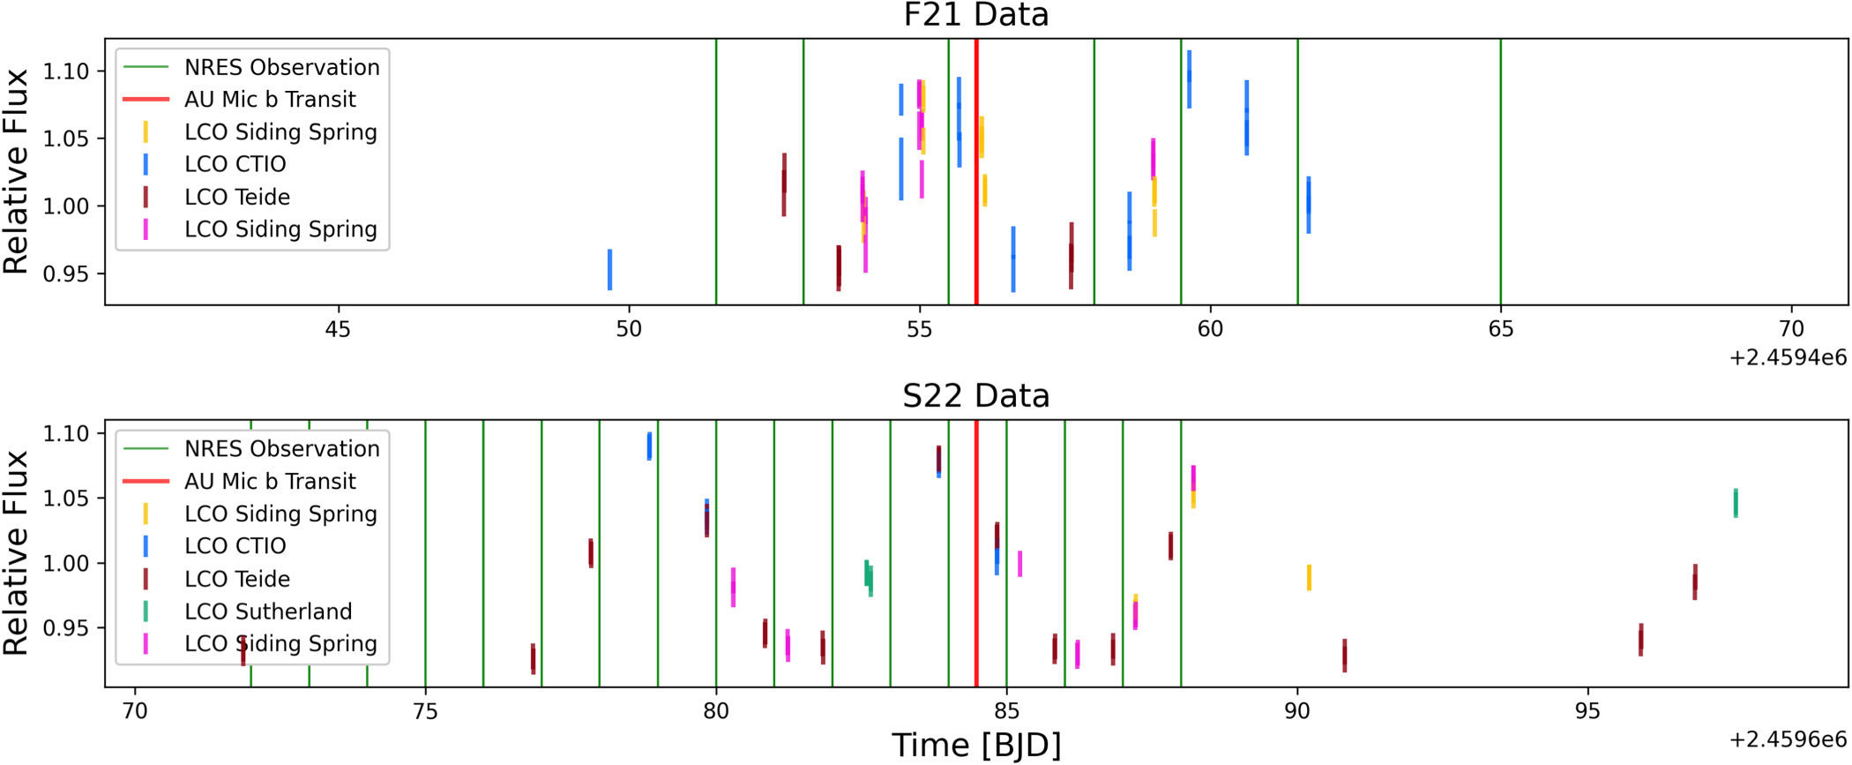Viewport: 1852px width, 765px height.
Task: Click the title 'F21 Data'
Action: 975,15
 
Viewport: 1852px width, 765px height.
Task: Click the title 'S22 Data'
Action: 975,396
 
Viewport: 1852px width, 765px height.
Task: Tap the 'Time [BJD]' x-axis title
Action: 975,746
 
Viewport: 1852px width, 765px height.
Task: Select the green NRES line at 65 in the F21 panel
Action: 1500,176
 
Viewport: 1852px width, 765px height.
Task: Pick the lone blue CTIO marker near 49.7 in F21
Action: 609,269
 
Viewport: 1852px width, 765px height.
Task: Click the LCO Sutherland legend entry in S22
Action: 268,611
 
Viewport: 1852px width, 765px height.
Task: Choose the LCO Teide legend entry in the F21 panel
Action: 236,197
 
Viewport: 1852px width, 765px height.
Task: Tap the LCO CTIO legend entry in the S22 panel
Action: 235,546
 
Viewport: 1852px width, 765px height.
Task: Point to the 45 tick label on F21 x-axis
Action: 338,330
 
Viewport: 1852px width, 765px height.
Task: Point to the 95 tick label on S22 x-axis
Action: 1587,711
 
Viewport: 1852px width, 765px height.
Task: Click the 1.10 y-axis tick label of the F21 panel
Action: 66,71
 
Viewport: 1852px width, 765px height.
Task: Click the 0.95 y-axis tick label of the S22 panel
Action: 66,628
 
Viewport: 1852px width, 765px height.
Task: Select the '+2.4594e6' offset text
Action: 1787,357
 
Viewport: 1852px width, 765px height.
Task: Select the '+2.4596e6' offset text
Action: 1787,739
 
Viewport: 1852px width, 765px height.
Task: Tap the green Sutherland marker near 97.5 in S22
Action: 1736,503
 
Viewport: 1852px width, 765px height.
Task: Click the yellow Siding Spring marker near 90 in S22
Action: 1309,577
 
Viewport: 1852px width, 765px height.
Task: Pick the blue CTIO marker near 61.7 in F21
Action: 1308,205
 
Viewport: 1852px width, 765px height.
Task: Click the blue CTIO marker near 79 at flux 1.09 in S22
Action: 650,446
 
